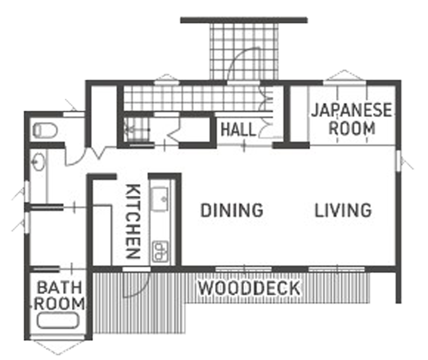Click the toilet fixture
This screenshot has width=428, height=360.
click(45, 130)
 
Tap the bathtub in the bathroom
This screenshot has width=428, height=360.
click(58, 321)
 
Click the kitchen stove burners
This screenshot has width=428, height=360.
click(160, 251)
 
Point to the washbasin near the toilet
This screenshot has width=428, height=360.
click(38, 162)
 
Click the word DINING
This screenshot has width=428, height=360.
click(232, 210)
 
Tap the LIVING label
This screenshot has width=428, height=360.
click(343, 210)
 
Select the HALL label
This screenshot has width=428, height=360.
click(238, 129)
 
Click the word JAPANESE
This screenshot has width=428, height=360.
click(351, 110)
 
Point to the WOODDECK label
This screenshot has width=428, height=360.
click(249, 288)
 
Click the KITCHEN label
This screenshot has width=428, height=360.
click(133, 221)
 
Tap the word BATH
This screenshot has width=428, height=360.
click(59, 287)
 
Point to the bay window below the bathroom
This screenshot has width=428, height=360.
click(59, 347)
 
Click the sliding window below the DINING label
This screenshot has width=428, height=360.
click(243, 270)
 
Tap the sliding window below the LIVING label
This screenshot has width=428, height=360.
click(337, 270)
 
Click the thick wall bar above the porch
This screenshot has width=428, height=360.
click(244, 20)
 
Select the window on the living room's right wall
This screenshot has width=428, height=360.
click(398, 161)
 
